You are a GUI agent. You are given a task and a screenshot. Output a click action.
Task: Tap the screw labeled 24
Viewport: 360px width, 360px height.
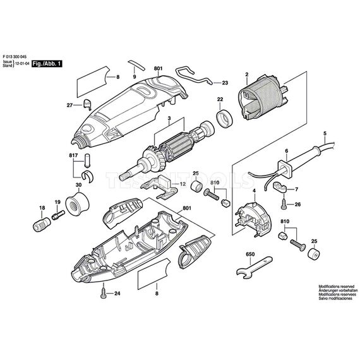pyautogui.click(x=102, y=292)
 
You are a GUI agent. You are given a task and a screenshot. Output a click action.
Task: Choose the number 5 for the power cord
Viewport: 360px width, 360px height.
pyautogui.click(x=325, y=133)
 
